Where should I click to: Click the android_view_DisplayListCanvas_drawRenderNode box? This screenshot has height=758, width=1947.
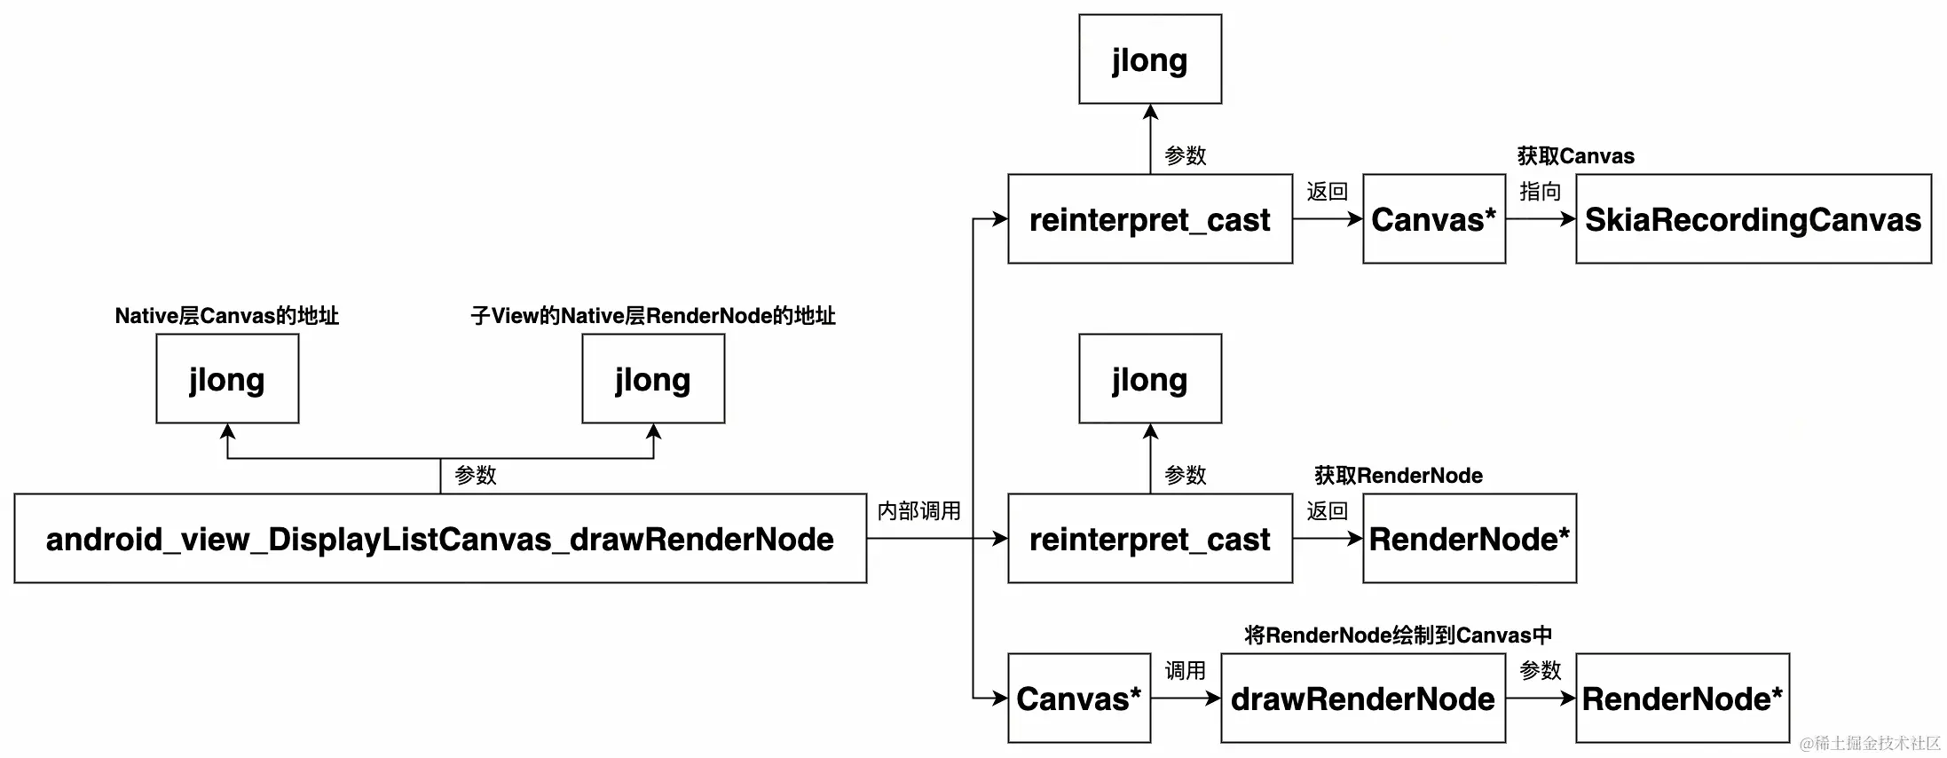440,539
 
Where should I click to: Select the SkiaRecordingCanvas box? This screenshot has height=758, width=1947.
1753,219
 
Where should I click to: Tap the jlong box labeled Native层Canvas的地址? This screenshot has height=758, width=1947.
227,379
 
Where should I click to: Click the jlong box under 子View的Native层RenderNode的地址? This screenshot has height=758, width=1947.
653,379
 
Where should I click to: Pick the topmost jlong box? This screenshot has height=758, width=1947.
1150,59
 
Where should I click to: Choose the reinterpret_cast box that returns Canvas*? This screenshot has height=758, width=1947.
1150,219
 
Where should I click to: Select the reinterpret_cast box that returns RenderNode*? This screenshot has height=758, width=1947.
1150,539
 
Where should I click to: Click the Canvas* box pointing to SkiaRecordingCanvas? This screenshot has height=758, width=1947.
1434,219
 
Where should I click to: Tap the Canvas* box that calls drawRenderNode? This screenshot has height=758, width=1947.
1079,699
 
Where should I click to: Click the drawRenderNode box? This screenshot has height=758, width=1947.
1363,699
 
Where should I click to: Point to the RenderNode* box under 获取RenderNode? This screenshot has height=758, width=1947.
1470,539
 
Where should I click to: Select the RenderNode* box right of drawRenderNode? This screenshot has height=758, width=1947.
1683,699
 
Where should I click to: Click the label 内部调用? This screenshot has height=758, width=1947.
919,511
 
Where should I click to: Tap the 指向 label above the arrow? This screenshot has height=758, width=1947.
1541,192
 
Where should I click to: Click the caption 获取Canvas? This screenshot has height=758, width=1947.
1576,156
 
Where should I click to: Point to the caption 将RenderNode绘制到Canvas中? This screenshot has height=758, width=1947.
1399,636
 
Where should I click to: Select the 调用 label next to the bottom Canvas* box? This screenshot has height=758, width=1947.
1186,671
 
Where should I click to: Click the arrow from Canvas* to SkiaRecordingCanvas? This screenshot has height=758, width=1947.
1541,218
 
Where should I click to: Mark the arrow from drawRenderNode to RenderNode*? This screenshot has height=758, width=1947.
1541,699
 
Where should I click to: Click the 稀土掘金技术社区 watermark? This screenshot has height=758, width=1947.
1871,744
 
